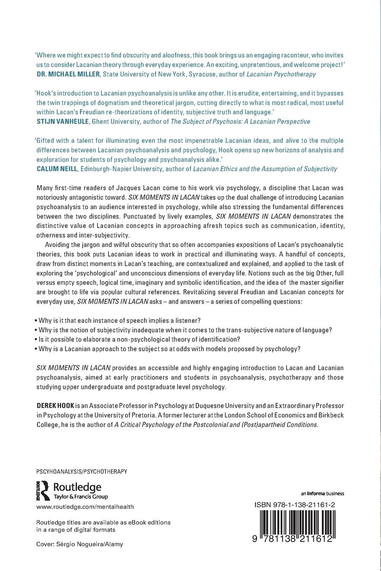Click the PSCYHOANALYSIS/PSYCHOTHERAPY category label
click(82, 471)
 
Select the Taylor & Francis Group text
click(81, 497)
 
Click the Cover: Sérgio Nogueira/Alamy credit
click(80, 544)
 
